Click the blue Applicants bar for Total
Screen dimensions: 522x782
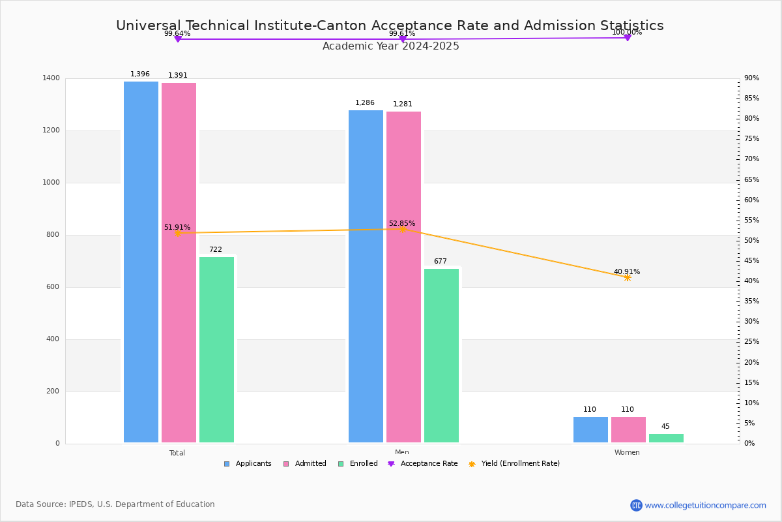click(141, 262)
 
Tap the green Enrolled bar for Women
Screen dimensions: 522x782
click(666, 438)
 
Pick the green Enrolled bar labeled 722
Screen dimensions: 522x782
click(216, 350)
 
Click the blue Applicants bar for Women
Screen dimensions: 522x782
click(590, 429)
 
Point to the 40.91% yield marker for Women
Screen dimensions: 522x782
click(627, 277)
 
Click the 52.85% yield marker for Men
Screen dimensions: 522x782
click(402, 229)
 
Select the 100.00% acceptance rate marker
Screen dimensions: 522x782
click(627, 38)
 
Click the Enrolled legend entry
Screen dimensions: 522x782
click(358, 464)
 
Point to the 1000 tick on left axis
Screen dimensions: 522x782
click(51, 183)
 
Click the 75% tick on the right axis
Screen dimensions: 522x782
click(751, 139)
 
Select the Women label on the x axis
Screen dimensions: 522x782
click(627, 453)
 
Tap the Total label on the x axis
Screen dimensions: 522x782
click(177, 453)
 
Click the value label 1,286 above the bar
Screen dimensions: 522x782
click(366, 103)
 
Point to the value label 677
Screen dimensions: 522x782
click(441, 262)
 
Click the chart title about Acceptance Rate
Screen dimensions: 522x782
click(390, 26)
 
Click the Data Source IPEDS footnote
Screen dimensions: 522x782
click(115, 504)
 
